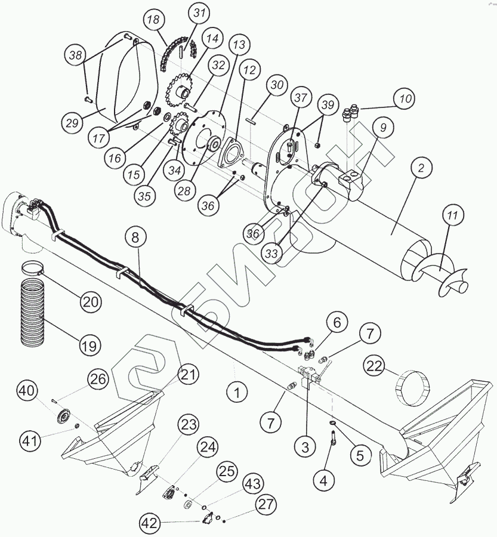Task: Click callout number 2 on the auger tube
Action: click(x=421, y=169)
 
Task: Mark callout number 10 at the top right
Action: click(x=405, y=99)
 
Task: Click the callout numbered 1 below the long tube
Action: click(x=237, y=393)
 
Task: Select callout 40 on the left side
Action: click(x=27, y=392)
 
